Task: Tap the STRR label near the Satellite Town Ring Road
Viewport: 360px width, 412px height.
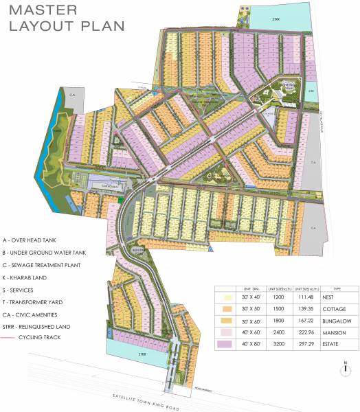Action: point(142,356)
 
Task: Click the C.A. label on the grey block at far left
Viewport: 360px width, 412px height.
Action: point(71,93)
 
